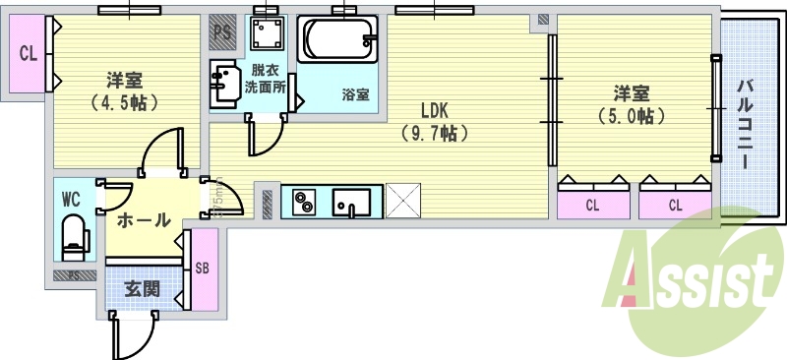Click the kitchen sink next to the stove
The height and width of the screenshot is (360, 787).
point(352,203)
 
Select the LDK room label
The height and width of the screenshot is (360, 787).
point(437,110)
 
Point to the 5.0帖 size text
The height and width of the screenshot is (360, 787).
point(631,115)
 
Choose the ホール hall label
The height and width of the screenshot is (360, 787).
point(144,221)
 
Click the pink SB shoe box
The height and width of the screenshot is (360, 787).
point(202,269)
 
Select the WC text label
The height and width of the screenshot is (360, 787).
point(71,199)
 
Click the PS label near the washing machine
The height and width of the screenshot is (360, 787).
point(222,31)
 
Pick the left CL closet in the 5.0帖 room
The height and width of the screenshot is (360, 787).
point(592,205)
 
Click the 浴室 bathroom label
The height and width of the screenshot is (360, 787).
point(355,95)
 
